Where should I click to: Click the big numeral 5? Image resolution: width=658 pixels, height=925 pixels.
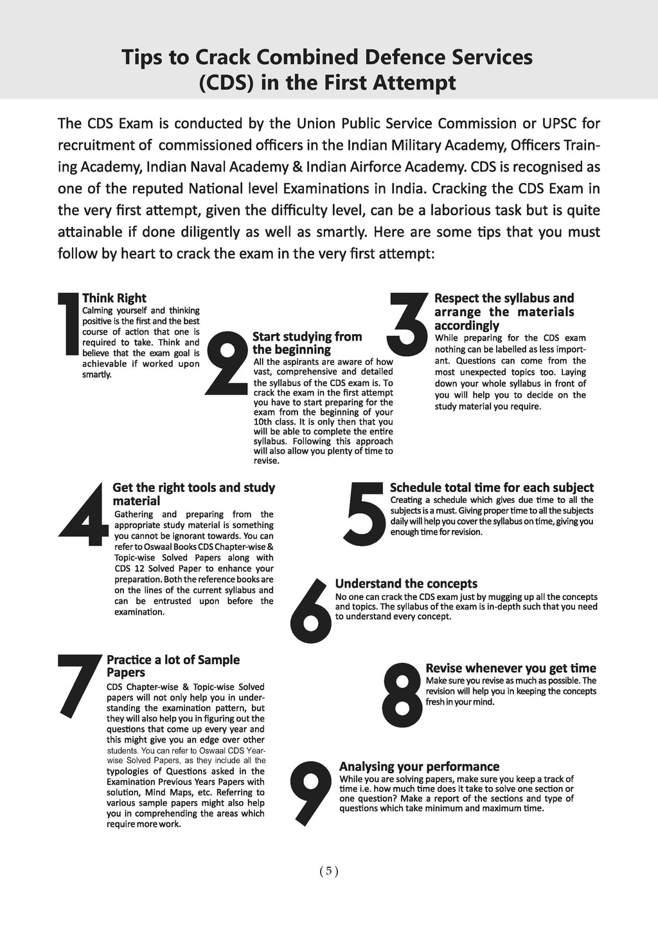tap(365, 513)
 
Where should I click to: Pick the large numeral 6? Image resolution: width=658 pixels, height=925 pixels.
tap(311, 610)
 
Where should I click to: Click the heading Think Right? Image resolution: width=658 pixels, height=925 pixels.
tap(114, 298)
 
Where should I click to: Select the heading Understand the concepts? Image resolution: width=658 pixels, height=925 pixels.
tap(406, 584)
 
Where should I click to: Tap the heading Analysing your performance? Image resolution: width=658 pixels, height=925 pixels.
tap(419, 766)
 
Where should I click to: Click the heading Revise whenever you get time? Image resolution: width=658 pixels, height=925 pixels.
tap(511, 668)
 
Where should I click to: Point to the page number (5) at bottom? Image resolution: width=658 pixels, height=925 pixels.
tap(328, 871)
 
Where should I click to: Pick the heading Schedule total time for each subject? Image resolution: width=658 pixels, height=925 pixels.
tap(492, 488)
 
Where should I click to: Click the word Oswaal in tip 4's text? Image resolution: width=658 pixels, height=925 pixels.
tap(157, 547)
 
